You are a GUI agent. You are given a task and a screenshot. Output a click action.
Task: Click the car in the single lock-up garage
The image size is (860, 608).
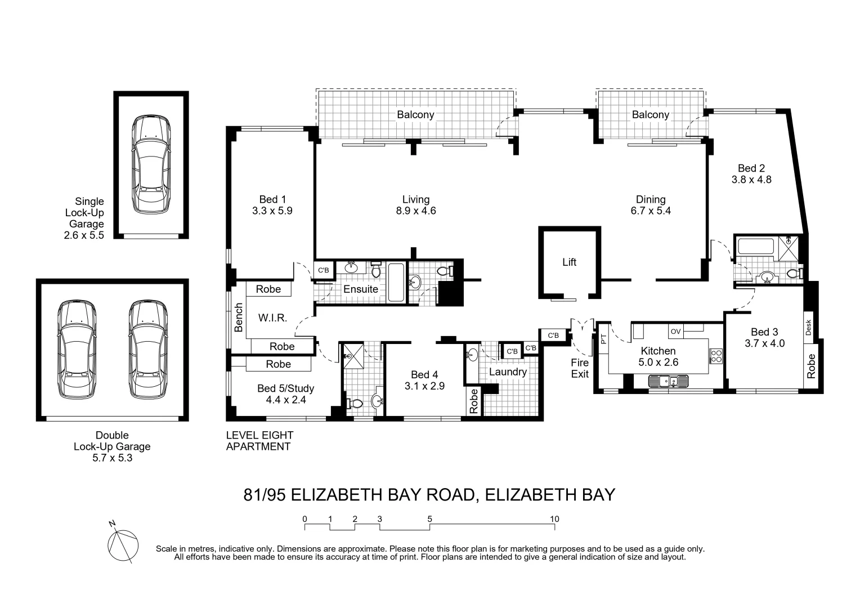[151, 164]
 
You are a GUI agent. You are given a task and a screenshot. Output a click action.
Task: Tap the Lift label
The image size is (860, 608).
[569, 262]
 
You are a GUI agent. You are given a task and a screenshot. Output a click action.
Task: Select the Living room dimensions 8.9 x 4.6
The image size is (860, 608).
[415, 211]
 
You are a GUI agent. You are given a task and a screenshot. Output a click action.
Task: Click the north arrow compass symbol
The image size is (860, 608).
[123, 544]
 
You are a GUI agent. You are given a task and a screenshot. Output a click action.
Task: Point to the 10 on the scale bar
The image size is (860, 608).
[554, 519]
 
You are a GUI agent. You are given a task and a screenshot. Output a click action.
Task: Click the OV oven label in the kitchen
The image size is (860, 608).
[675, 332]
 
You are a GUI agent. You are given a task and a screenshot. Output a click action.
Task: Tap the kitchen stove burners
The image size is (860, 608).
[716, 356]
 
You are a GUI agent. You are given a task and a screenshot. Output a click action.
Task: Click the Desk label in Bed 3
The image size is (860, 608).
[809, 328]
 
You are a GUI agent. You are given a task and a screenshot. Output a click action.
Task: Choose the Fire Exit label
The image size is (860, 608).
[580, 368]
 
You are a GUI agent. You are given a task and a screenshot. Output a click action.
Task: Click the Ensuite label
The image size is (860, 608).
[361, 289]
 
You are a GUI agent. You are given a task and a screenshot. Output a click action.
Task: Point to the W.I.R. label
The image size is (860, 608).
[272, 318]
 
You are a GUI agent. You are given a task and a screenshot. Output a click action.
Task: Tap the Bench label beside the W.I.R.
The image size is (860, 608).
[239, 317]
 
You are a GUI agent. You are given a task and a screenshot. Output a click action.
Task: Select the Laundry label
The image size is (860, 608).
[508, 372]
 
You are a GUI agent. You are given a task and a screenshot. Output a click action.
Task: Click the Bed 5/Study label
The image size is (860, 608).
[285, 388]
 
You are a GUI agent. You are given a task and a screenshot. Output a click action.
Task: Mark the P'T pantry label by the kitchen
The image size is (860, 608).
[603, 339]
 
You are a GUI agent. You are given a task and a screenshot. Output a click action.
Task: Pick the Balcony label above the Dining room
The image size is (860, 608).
[650, 115]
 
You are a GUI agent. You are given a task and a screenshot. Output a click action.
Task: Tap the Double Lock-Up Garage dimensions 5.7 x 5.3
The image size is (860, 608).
[112, 458]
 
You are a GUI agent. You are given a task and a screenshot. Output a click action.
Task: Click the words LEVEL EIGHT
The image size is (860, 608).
[259, 435]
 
